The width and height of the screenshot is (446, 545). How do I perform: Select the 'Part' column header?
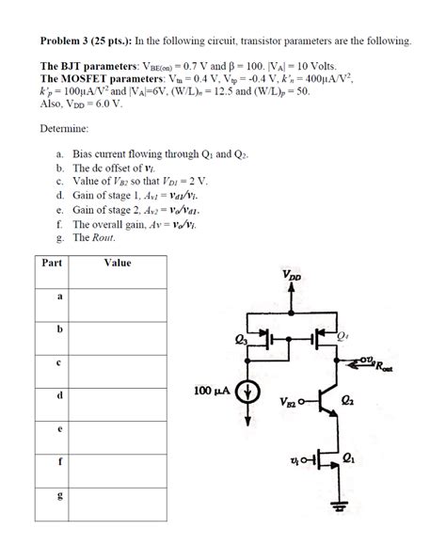[x=52, y=263]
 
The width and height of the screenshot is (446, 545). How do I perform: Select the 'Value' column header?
[x=118, y=263]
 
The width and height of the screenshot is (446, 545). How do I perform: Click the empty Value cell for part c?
[x=118, y=361]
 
